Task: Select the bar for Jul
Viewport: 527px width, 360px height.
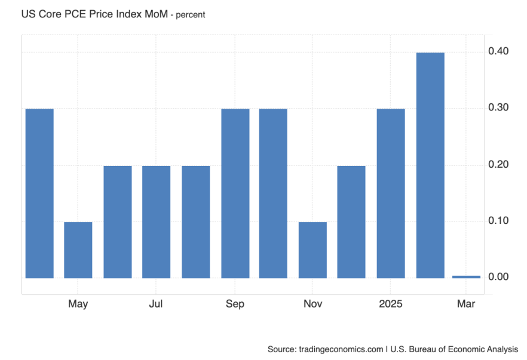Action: click(156, 221)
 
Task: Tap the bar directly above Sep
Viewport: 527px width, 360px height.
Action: click(235, 193)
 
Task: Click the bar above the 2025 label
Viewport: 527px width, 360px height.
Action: click(391, 193)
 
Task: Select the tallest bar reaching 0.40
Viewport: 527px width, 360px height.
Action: click(430, 165)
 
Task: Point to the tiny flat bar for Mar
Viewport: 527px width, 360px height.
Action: click(466, 276)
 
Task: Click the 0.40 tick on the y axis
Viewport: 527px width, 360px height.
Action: click(498, 51)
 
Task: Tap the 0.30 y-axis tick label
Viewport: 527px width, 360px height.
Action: click(498, 108)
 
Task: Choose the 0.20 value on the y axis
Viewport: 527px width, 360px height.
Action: click(498, 164)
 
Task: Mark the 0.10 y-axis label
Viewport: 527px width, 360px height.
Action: click(498, 221)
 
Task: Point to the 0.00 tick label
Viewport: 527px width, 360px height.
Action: click(498, 277)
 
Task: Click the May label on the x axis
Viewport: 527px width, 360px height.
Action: click(78, 304)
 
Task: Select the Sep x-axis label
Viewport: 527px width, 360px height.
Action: click(235, 304)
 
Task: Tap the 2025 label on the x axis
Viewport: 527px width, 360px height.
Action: click(391, 304)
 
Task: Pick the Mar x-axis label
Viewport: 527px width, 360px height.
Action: click(466, 304)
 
